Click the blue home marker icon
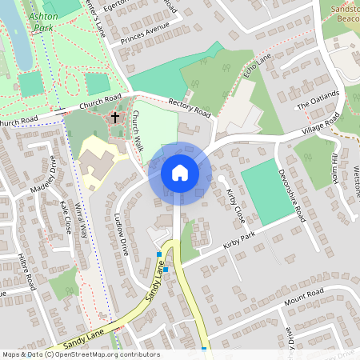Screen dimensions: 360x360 (179, 173)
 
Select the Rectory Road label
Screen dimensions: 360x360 (190, 106)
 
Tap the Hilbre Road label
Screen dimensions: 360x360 (26, 272)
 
